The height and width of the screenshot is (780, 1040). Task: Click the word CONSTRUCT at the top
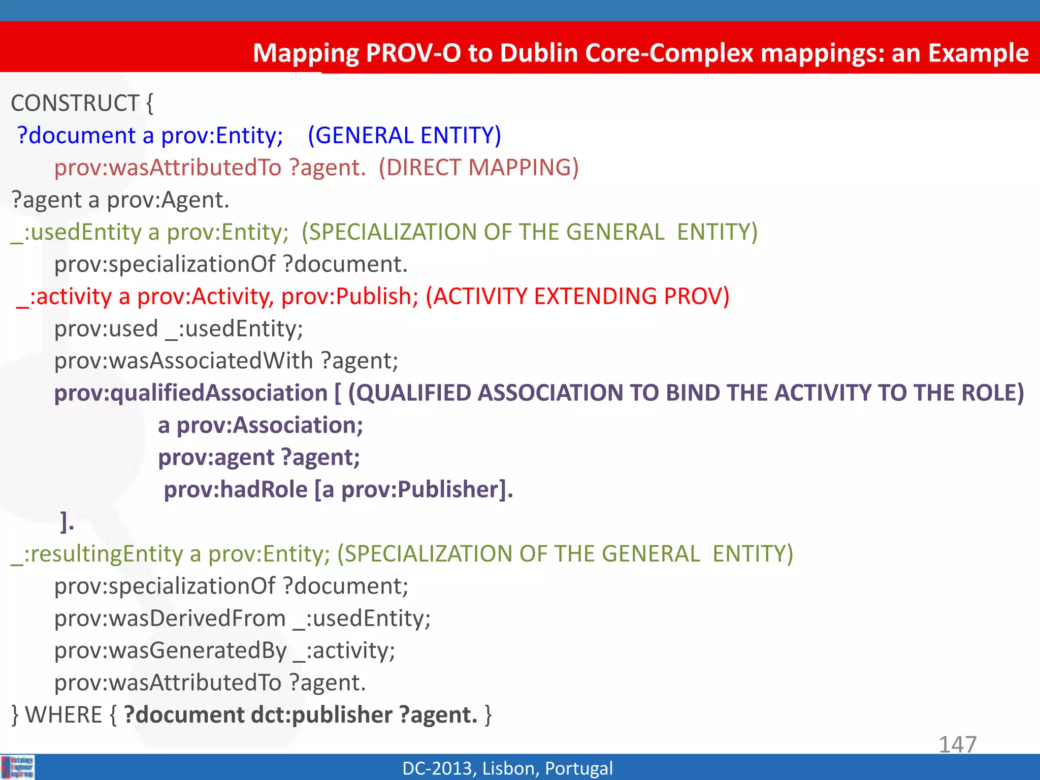75,104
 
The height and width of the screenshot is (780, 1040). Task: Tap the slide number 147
957,744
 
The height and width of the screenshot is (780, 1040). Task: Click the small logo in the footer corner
17,767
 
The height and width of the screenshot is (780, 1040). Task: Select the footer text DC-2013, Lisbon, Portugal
507,768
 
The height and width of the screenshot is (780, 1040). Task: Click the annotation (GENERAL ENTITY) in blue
404,136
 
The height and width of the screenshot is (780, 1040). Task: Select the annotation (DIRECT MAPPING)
478,168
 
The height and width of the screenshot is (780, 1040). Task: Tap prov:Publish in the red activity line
349,297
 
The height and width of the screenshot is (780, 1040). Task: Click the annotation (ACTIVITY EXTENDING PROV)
577,297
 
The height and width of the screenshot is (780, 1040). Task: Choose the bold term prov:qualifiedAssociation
191,393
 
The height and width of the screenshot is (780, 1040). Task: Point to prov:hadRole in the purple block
236,490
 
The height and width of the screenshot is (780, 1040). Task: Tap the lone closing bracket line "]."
67,522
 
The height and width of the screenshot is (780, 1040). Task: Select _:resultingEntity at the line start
96,554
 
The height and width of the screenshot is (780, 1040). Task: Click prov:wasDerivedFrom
170,619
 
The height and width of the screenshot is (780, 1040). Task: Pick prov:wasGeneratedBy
171,651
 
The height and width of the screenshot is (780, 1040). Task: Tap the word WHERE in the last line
64,715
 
